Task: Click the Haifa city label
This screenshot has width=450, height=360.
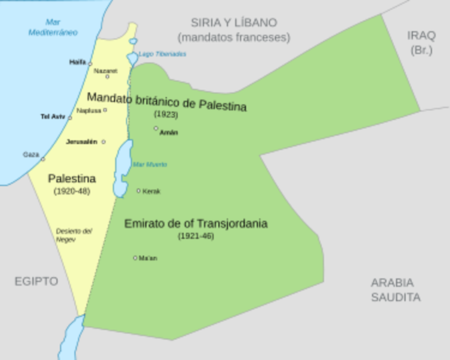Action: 76,62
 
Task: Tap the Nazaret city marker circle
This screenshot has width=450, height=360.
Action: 107,76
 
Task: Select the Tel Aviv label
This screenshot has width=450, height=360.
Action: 53,117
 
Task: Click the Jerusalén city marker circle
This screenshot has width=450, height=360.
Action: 103,142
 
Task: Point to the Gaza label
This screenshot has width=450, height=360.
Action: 31,154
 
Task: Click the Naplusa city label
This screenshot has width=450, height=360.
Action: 89,110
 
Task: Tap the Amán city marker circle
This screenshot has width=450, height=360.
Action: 156,128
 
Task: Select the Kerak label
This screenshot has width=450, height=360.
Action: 151,191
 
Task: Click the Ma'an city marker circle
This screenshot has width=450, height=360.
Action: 135,258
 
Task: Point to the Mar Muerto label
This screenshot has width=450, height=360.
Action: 149,164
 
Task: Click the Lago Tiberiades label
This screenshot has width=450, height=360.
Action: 163,54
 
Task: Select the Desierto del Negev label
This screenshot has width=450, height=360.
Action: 73,234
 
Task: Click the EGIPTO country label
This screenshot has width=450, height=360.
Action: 36,281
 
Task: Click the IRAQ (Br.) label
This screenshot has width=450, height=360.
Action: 421,42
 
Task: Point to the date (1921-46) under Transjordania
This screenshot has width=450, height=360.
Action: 196,236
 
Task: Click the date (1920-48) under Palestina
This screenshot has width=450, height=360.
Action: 71,192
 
